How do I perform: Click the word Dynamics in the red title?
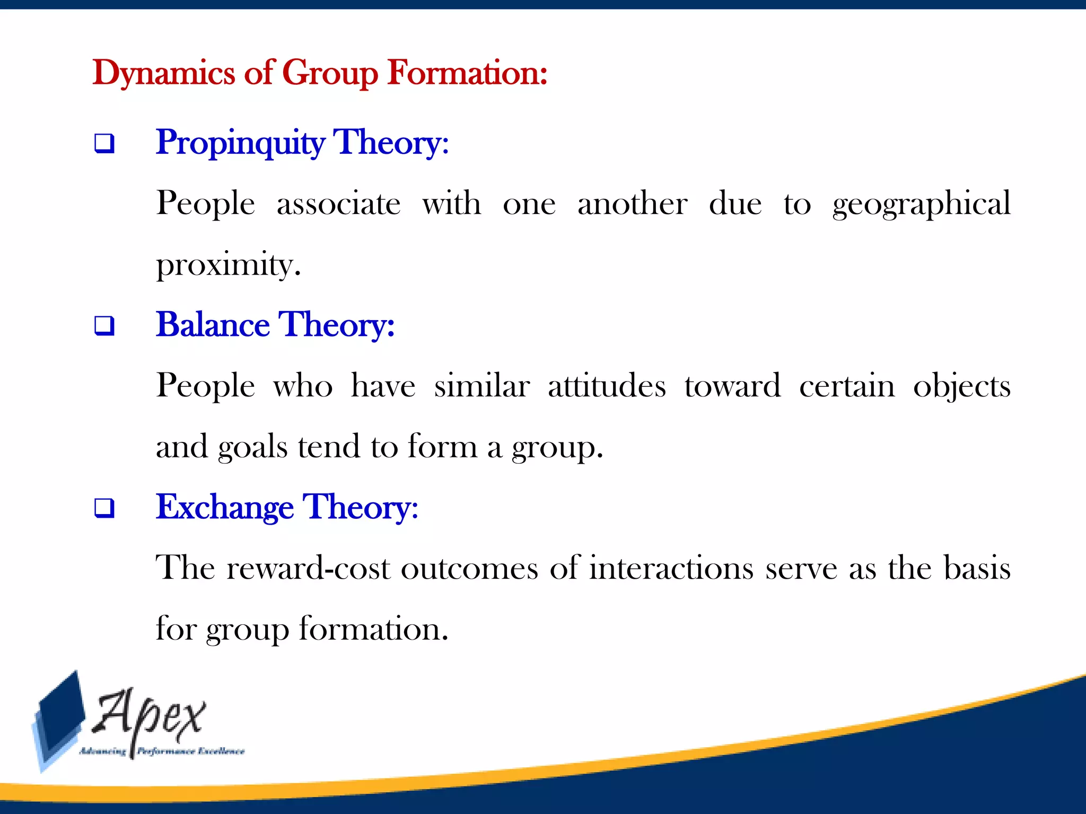click(163, 73)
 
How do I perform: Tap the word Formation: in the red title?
click(467, 73)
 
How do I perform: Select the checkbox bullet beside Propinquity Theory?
click(104, 144)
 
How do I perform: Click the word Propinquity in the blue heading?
click(240, 143)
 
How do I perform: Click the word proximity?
click(228, 265)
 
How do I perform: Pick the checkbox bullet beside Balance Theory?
click(104, 325)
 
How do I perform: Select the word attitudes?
click(607, 386)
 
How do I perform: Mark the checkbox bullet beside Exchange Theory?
click(104, 508)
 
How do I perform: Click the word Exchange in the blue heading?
click(225, 507)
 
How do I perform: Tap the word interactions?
click(671, 568)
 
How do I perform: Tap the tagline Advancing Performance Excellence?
click(162, 751)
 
